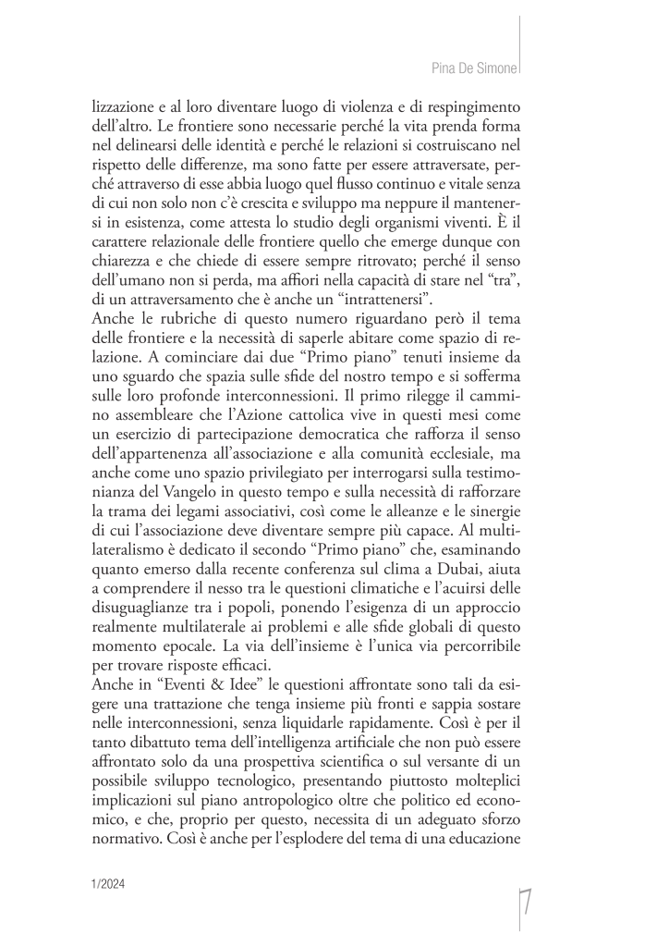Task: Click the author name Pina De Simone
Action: (x=474, y=68)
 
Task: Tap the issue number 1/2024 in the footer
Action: (x=108, y=884)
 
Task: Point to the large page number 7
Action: (x=525, y=912)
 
